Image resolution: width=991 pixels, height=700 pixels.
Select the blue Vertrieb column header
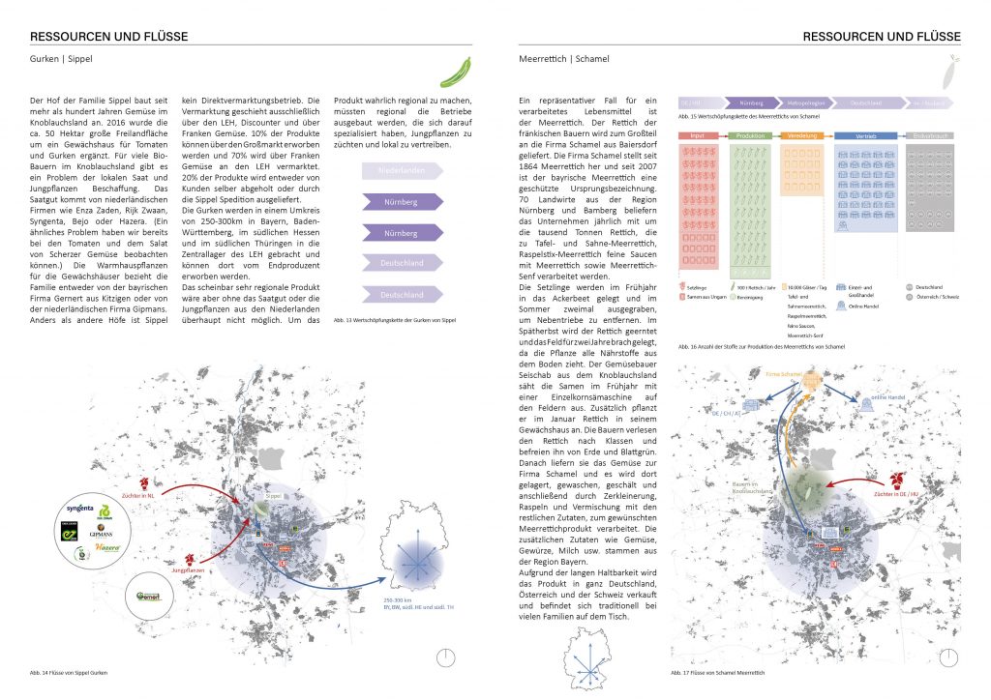864,135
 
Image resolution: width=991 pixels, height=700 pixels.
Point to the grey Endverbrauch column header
931,135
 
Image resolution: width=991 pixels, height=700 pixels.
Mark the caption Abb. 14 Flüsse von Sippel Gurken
70,672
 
